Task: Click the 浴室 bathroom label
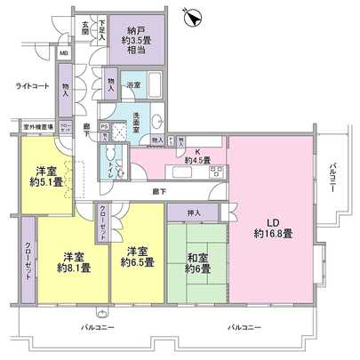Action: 134,86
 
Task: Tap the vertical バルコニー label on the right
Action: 331,179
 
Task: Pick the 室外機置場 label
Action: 34,126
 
